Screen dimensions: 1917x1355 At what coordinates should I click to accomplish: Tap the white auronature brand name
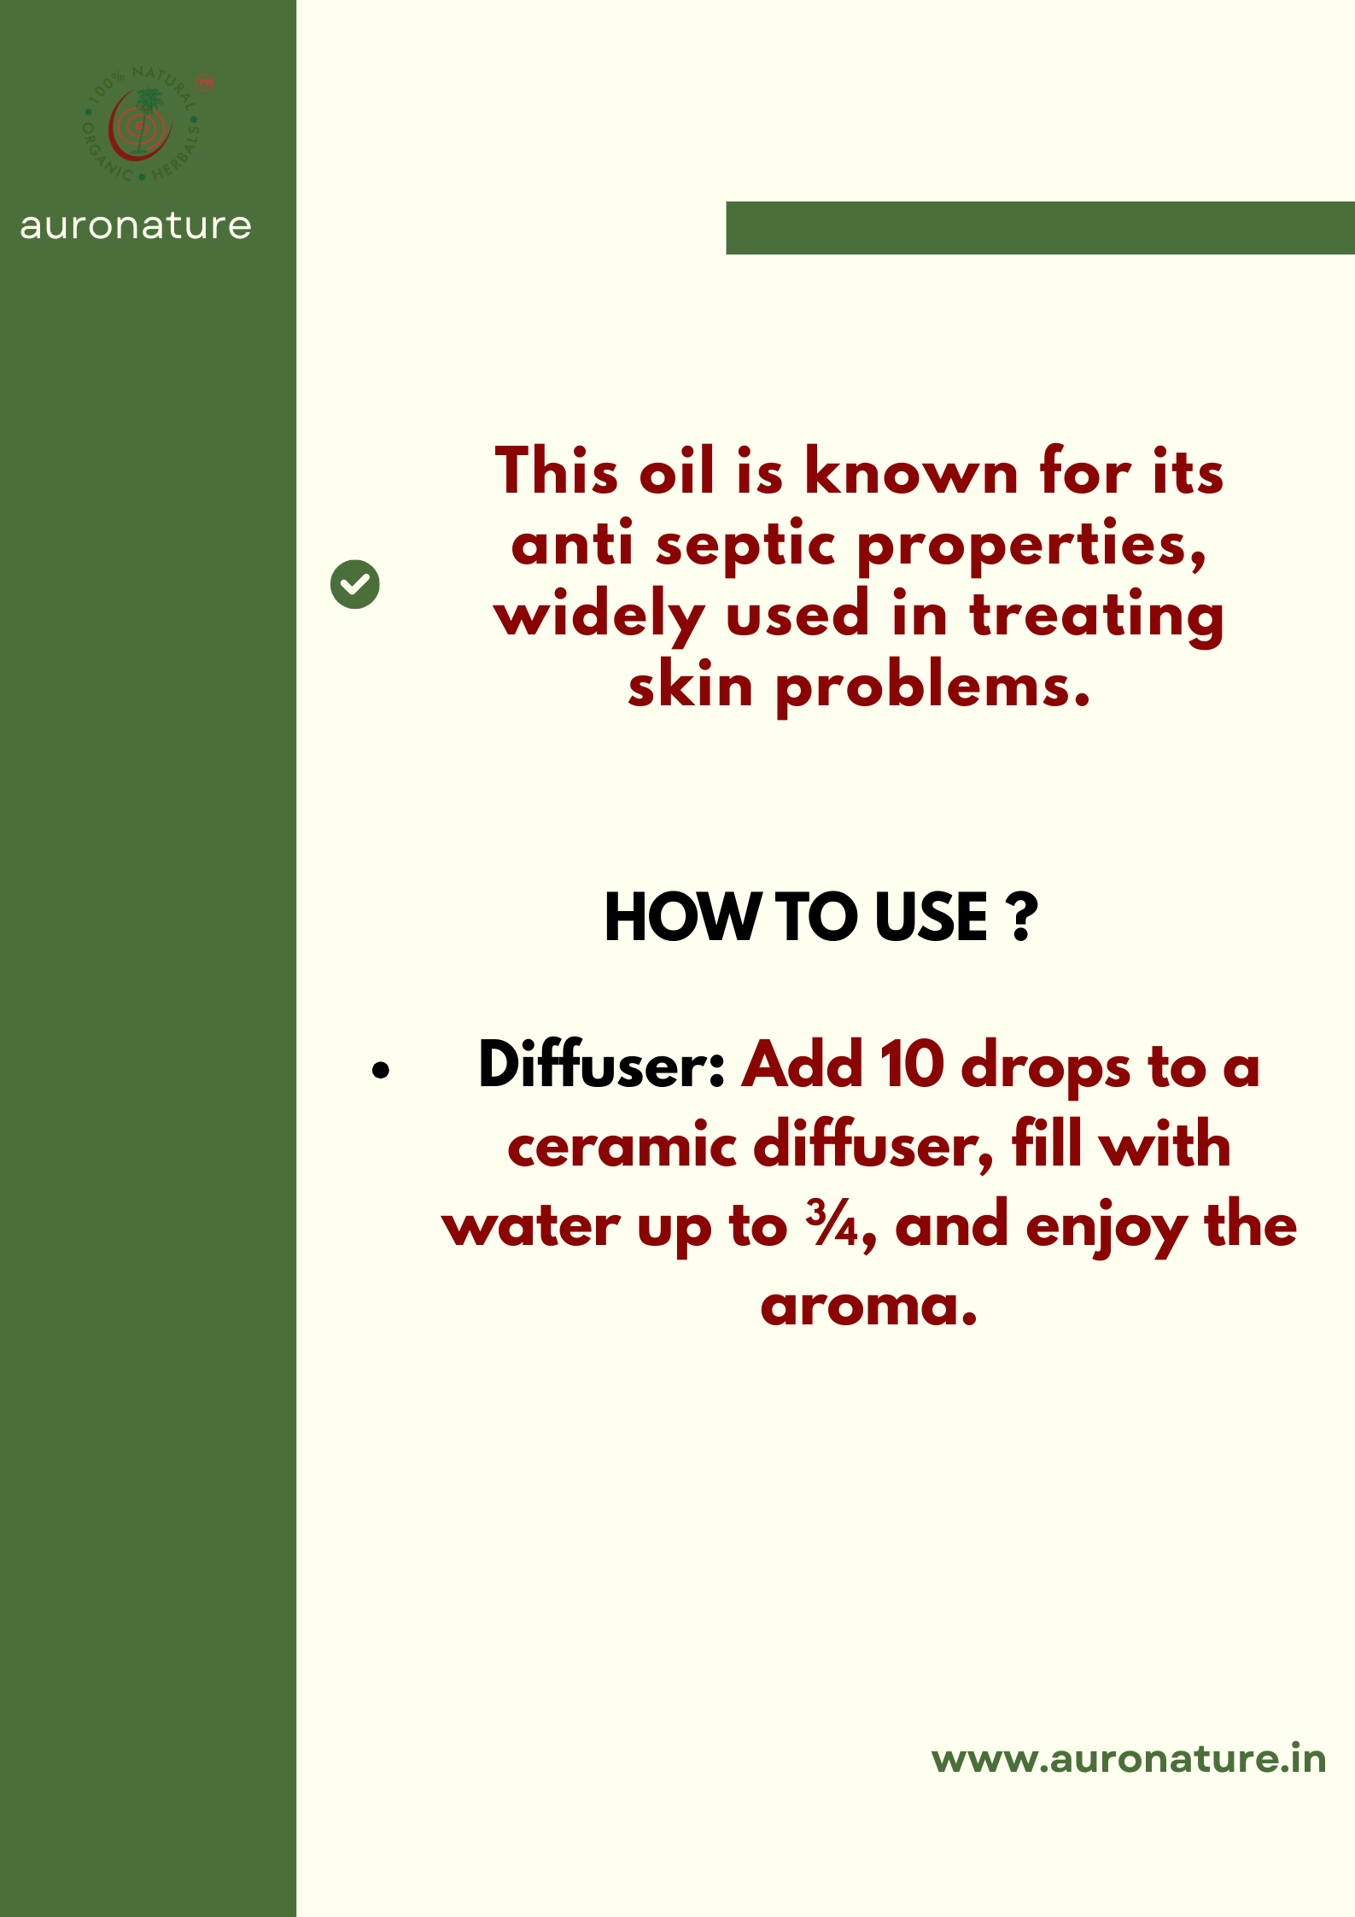136,225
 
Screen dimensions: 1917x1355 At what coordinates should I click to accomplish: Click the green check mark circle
355,585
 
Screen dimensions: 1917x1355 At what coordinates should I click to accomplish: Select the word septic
745,546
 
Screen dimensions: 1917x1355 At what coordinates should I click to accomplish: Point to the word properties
1031,547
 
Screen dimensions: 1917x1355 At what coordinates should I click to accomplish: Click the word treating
1096,617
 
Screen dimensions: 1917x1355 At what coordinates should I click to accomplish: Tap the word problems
932,688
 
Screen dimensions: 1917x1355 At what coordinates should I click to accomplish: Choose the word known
911,472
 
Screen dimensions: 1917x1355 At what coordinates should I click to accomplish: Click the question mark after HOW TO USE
1021,918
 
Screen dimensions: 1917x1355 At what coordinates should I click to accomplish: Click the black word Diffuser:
601,1066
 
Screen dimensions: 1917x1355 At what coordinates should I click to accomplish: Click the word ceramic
622,1146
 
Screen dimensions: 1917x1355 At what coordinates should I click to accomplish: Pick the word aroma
867,1306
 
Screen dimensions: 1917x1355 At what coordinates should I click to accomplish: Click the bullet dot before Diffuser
381,1070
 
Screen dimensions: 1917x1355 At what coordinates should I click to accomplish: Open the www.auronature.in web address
1128,1759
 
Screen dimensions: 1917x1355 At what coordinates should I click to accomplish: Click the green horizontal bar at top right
1040,228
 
